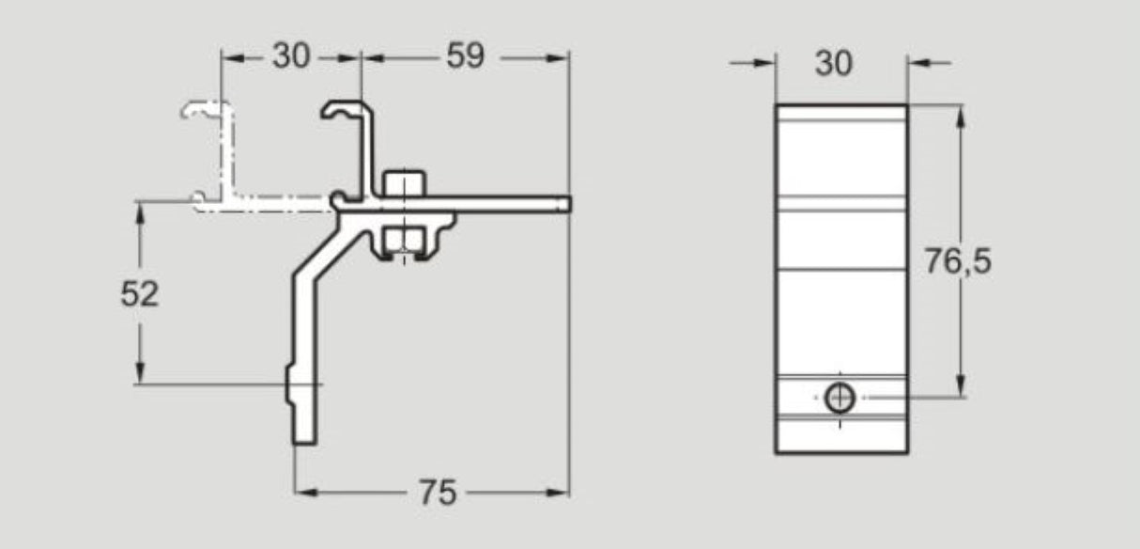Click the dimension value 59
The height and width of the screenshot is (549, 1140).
coord(465,57)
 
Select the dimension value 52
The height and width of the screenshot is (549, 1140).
coord(140,294)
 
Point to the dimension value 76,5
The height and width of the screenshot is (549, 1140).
coord(957,261)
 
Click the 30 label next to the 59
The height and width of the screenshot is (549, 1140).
coord(290,57)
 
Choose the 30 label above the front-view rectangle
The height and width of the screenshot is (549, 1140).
coord(834,63)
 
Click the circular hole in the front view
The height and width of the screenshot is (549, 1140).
coord(840,399)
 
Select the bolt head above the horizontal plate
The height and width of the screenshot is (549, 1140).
coord(405,182)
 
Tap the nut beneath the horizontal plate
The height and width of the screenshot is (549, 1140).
coord(405,241)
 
